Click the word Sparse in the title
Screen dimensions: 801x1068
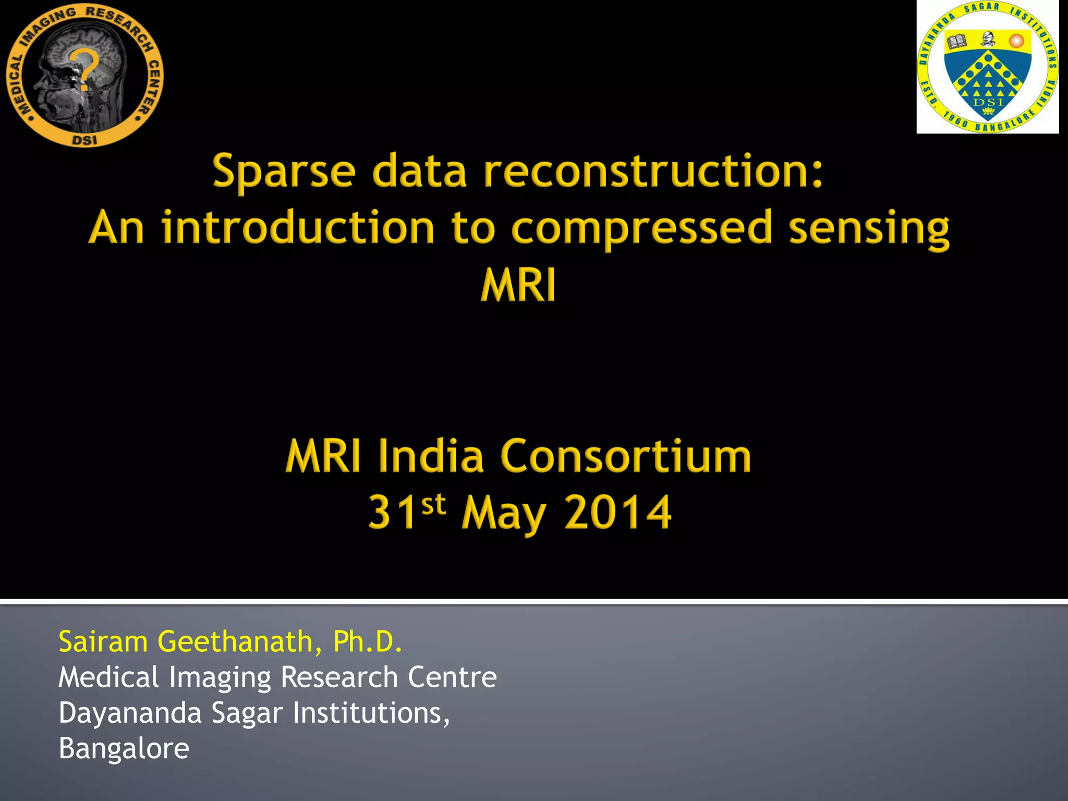click(284, 172)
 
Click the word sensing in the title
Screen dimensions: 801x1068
click(869, 229)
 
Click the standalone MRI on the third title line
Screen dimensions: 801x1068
click(518, 285)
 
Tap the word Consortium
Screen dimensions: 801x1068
click(626, 456)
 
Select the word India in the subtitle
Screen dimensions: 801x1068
click(431, 456)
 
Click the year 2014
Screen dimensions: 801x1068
click(618, 513)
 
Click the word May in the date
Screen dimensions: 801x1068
click(504, 514)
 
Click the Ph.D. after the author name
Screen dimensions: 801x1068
click(368, 641)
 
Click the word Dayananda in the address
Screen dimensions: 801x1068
click(130, 713)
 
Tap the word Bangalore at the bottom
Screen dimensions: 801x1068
click(124, 748)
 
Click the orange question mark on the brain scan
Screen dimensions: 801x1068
click(87, 70)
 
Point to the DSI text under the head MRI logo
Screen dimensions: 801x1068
click(84, 140)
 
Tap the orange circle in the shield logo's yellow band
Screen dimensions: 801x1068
click(1016, 41)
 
